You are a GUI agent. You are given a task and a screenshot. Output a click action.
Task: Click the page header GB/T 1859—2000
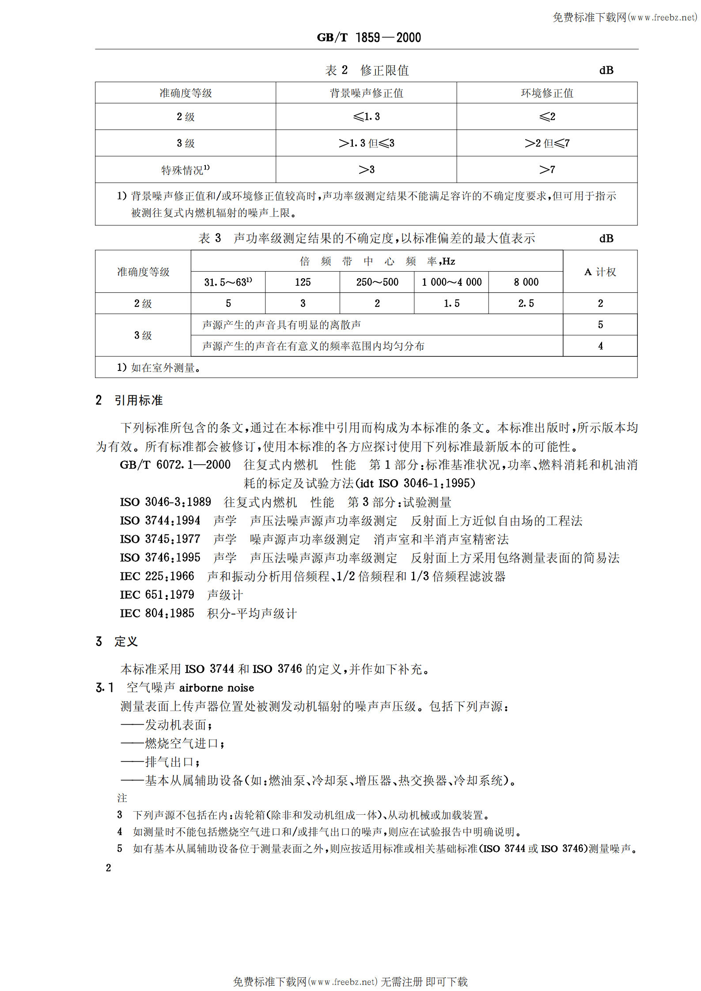point(368,38)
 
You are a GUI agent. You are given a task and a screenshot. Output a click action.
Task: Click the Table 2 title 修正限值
point(384,70)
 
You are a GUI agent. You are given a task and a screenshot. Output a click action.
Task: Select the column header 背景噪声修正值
point(366,93)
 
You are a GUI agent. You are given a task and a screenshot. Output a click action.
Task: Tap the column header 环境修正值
point(547,93)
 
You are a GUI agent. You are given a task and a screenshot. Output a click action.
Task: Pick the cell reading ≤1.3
point(366,117)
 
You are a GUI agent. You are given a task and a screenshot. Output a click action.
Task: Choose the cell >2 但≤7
point(547,143)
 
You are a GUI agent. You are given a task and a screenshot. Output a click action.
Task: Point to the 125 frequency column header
point(303,282)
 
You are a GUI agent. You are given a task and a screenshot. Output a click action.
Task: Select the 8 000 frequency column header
point(526,282)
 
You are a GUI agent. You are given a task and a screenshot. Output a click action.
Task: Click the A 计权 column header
point(600,272)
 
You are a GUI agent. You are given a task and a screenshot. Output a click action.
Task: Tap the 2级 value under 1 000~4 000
point(451,303)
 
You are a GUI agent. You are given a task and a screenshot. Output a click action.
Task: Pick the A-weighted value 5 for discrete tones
point(600,325)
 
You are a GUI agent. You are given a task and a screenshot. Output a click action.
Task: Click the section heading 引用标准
point(138,401)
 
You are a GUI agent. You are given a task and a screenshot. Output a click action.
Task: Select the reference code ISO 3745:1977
point(160,539)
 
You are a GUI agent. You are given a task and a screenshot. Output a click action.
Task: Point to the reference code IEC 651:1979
point(157,595)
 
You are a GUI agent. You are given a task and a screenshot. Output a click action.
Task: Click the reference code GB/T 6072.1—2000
point(175,465)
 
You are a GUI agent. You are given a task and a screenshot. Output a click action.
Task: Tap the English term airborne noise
point(216,688)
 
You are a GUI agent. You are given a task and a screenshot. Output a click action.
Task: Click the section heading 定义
point(126,642)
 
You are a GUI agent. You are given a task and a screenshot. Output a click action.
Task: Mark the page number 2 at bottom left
point(108,868)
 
